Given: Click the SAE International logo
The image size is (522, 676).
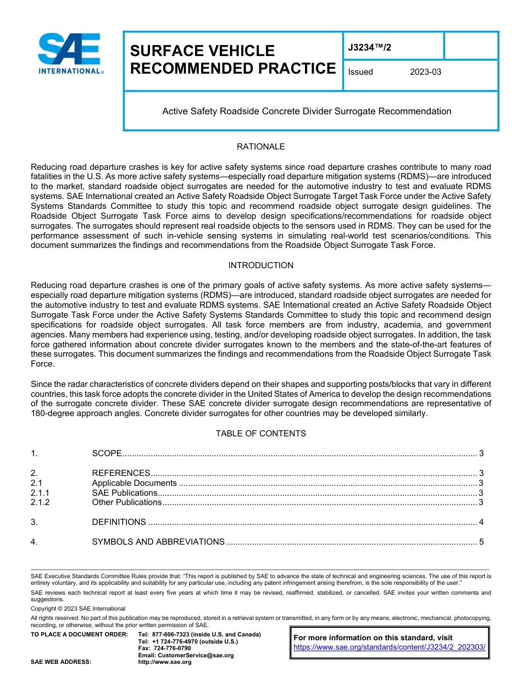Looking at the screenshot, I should coord(70,54).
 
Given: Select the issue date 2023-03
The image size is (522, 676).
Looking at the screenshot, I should coord(425,72).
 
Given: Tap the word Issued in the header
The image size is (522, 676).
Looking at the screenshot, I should coord(360,72).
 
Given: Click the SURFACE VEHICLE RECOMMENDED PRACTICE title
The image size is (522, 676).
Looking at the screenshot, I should coord(232,59).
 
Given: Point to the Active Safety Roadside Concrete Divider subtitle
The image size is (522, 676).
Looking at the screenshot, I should coord(307,111).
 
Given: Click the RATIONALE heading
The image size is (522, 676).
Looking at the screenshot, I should coord(260,147).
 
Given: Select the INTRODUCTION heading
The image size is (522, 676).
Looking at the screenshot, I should coord(260,265).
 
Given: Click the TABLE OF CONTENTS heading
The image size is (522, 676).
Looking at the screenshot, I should coord(260,434).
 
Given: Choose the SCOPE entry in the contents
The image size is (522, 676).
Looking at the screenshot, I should coord(107,453).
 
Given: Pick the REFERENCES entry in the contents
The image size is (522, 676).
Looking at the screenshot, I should coord(121,473).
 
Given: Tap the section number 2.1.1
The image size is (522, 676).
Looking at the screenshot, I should coord(40,493).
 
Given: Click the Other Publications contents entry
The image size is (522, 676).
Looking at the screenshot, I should coord(126,502).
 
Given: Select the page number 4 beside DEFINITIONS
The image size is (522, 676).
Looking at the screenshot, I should coord(481,522).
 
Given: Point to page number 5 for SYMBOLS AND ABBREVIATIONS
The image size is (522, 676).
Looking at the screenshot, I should coord(481,542).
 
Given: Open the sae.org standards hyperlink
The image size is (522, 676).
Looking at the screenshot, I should coord(390,647).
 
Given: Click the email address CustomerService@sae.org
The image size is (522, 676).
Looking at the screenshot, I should coord(186,655).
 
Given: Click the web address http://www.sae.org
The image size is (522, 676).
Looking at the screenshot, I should coord(165,662).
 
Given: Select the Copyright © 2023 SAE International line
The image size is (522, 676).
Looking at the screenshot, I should coord(78,608).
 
